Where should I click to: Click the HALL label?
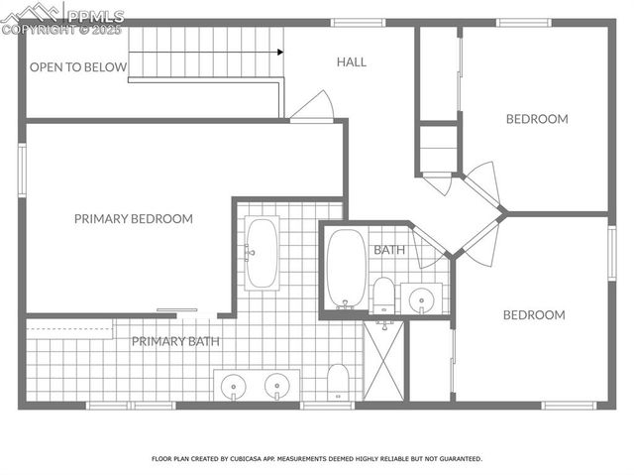point(351,61)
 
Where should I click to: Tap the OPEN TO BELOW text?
point(78,67)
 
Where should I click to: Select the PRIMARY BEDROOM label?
point(133,219)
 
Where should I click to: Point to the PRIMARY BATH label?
point(175,341)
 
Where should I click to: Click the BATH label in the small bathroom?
point(388,250)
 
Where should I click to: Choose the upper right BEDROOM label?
point(537,119)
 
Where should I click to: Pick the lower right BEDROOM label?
point(534,315)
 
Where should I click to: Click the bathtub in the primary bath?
point(262,254)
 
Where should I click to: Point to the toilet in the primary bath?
point(338,383)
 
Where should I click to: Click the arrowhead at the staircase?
point(280,52)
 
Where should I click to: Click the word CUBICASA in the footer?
point(252,459)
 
